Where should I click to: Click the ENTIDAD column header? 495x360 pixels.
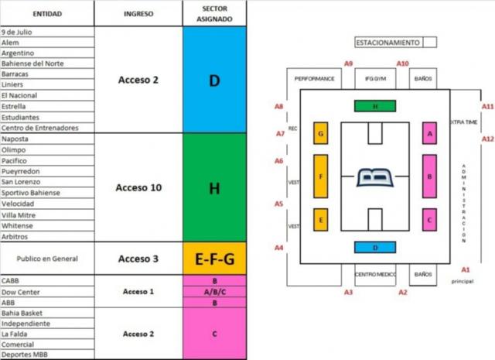[47, 14]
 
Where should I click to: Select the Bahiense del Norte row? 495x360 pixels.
[32, 63]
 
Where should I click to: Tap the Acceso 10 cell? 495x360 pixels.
[138, 187]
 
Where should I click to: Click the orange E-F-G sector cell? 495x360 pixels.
[215, 259]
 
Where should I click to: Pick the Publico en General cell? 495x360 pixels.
[47, 259]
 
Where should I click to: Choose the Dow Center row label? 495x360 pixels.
[21, 292]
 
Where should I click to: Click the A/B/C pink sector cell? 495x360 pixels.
[215, 292]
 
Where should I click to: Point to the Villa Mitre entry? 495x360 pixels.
[19, 215]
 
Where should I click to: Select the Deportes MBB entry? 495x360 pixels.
[24, 355]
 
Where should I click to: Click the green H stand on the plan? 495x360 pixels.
[375, 106]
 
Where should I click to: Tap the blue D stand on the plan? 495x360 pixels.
[375, 248]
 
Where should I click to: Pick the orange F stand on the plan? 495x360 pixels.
[321, 177]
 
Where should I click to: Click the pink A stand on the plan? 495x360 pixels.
[430, 133]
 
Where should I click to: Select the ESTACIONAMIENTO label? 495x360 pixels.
[388, 43]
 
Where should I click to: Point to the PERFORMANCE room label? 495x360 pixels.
[314, 79]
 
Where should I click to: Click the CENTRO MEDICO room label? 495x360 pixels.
[375, 274]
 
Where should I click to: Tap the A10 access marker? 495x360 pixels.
[402, 63]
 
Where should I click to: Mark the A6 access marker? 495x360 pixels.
[278, 161]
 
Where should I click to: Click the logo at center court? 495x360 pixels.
[375, 177]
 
